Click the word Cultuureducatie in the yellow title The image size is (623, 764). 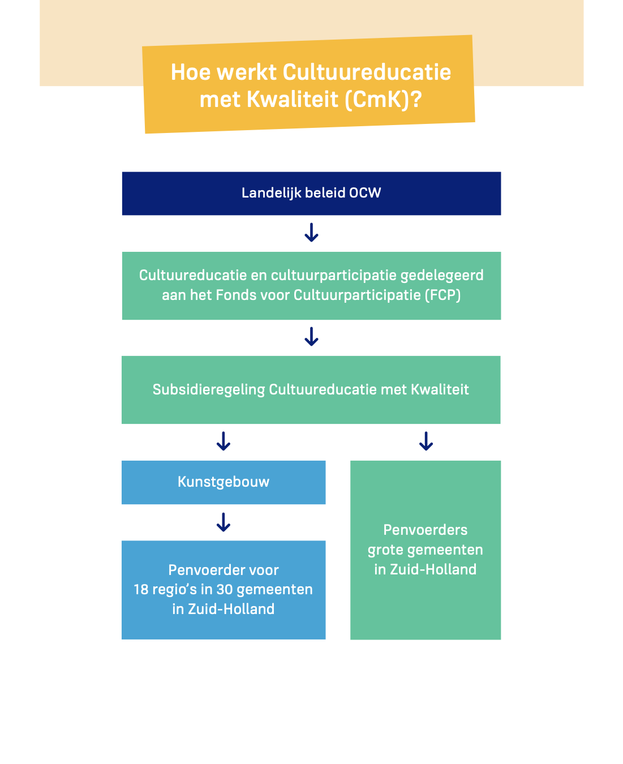point(366,72)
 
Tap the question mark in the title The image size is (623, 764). point(416,100)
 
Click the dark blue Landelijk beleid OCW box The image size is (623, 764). point(311,194)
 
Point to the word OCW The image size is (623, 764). point(365,193)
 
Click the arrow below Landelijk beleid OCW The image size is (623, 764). point(311,233)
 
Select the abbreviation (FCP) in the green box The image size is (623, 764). point(442,295)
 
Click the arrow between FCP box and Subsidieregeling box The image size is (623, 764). point(311,337)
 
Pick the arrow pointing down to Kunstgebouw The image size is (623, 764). point(224,441)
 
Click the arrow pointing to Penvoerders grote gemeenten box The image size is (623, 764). point(426,441)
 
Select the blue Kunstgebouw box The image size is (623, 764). point(224,482)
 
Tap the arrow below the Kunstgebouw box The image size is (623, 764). point(224,522)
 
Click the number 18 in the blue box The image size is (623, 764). point(141,590)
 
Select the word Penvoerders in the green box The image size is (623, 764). point(426,530)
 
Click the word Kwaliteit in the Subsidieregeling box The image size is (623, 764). point(440,390)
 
